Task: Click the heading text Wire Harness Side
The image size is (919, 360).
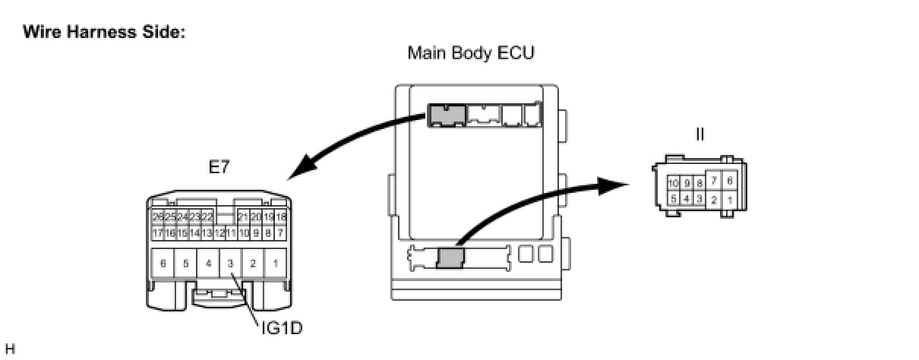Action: pos(104,33)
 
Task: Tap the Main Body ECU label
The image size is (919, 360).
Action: pos(471,53)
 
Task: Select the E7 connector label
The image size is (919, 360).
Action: pos(219,168)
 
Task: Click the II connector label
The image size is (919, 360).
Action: pos(700,134)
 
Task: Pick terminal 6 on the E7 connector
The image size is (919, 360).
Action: pos(163,264)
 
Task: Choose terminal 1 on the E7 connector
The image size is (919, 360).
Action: pos(276,264)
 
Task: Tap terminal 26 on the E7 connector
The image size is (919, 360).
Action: pos(158,217)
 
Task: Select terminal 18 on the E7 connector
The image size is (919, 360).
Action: pos(280,217)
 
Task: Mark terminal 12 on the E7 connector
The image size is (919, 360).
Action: pos(219,232)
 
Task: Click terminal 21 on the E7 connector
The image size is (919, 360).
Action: pos(243,217)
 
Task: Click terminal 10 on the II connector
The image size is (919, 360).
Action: pos(674,184)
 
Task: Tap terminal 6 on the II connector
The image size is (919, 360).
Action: pos(730,181)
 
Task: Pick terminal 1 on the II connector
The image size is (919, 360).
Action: pos(730,200)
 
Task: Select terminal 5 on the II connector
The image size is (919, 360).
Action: pos(674,199)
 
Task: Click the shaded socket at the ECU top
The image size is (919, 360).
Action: pos(446,115)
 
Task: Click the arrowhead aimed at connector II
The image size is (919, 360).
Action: pos(619,185)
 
